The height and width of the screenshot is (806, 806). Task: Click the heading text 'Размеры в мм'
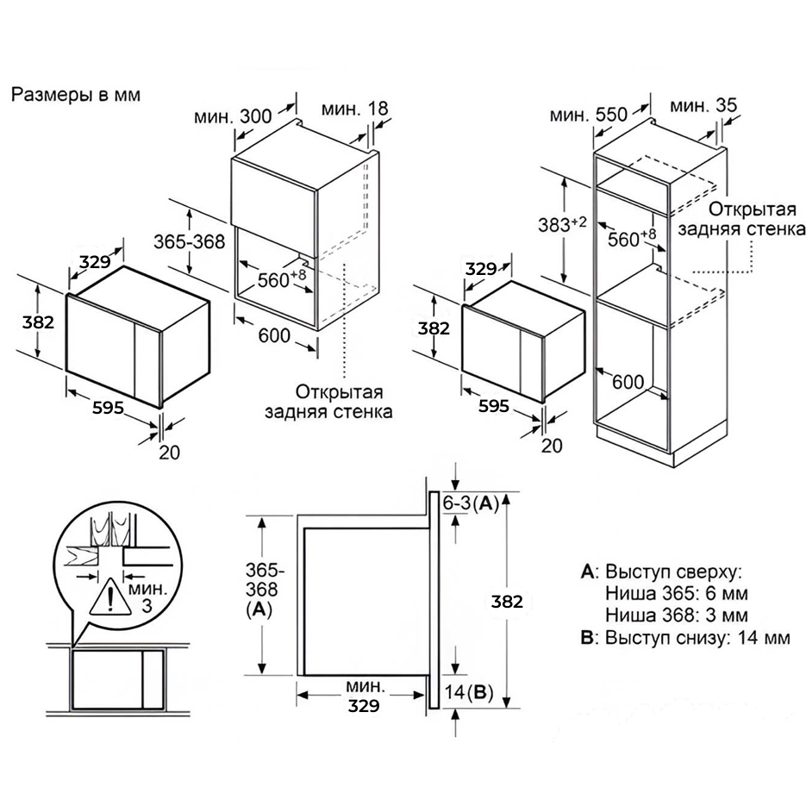pyautogui.click(x=76, y=95)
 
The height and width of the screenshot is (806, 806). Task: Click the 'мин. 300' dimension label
pyautogui.click(x=233, y=116)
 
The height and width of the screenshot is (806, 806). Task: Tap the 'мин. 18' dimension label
pyautogui.click(x=354, y=109)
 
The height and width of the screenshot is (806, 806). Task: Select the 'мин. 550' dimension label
pyautogui.click(x=589, y=115)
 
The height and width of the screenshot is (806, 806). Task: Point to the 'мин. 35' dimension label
pyautogui.click(x=703, y=105)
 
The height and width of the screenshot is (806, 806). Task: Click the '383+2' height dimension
pyautogui.click(x=562, y=224)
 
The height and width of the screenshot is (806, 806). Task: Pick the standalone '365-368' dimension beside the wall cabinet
pyautogui.click(x=190, y=241)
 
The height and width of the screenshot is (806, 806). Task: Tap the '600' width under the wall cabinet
pyautogui.click(x=274, y=335)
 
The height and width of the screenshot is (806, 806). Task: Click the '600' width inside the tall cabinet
pyautogui.click(x=628, y=382)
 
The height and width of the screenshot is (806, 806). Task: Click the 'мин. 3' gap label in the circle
pyautogui.click(x=147, y=597)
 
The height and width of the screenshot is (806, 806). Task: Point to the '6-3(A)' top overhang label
pyautogui.click(x=471, y=503)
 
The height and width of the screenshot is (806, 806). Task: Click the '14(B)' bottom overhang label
pyautogui.click(x=468, y=692)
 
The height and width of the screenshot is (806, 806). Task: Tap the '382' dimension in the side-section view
pyautogui.click(x=507, y=602)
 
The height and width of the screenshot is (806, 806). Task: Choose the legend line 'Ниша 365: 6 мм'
pyautogui.click(x=677, y=593)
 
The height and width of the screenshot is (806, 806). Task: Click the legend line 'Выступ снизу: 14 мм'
pyautogui.click(x=685, y=637)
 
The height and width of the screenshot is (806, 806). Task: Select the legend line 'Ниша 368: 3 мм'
pyautogui.click(x=677, y=615)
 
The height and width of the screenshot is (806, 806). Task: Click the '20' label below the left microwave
pyautogui.click(x=170, y=453)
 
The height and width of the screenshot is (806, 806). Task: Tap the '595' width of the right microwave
pyautogui.click(x=494, y=406)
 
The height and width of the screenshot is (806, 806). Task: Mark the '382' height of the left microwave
pyautogui.click(x=38, y=322)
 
